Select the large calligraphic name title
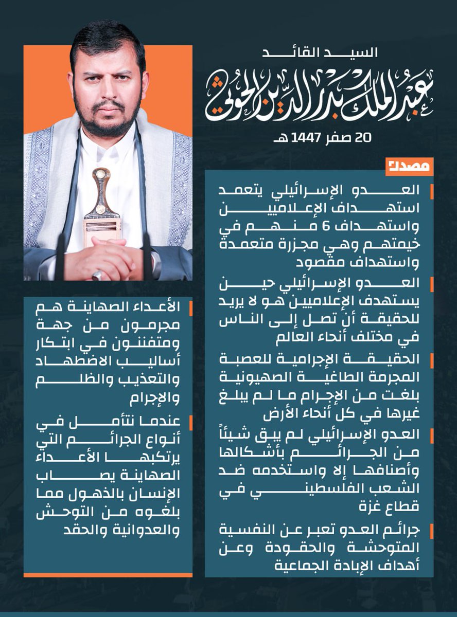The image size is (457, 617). click(319, 95)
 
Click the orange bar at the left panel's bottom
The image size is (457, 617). click(108, 574)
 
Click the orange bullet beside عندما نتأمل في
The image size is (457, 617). click(191, 423)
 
